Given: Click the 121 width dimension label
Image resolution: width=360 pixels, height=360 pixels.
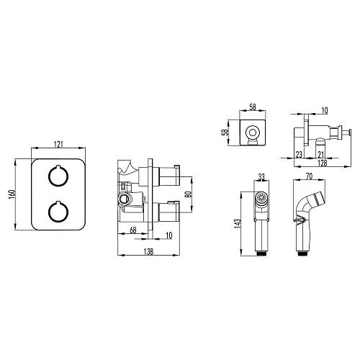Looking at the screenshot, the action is [x=58, y=145].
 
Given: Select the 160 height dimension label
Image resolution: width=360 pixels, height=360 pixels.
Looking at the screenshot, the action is [x=12, y=194].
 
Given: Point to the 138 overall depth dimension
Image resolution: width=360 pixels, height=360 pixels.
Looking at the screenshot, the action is [x=148, y=252].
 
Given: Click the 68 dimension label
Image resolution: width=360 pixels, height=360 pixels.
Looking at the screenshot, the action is [x=133, y=230].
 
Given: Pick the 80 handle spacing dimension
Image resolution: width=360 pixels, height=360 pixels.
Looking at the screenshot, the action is [x=189, y=194].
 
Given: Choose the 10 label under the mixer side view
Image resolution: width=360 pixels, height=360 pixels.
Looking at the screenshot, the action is [x=169, y=235].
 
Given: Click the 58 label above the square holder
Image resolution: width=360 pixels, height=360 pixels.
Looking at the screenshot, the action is [x=253, y=107].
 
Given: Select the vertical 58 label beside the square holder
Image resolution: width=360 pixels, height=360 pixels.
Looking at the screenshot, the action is [x=225, y=132].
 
